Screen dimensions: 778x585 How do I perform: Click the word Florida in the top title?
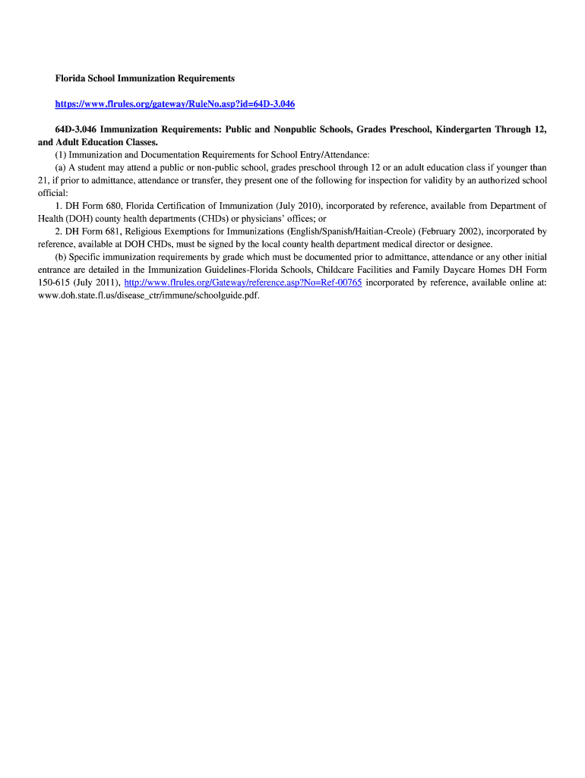70,78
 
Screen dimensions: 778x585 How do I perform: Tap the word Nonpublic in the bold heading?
286,129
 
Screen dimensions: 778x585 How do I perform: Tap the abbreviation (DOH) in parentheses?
83,218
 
